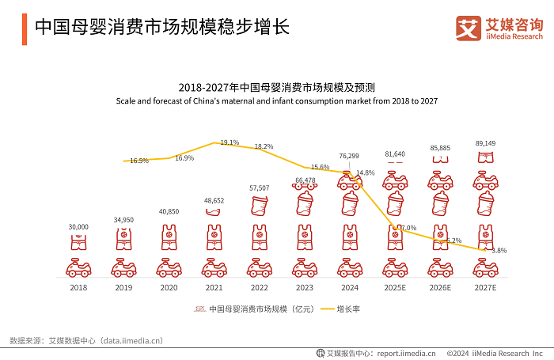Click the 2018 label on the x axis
coord(78,287)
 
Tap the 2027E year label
coord(485,287)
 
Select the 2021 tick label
coord(213,287)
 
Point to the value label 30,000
coord(78,227)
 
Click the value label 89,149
coord(485,144)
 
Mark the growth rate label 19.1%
coord(230,142)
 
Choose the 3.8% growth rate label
coord(499,251)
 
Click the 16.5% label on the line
coord(139,161)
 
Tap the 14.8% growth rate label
coord(365,172)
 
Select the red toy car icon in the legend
coord(199,309)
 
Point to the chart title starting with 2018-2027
coord(276,88)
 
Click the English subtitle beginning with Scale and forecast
coord(276,102)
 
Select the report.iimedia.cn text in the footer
coord(406,354)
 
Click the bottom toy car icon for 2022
coord(258,267)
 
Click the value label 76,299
coord(349,156)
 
